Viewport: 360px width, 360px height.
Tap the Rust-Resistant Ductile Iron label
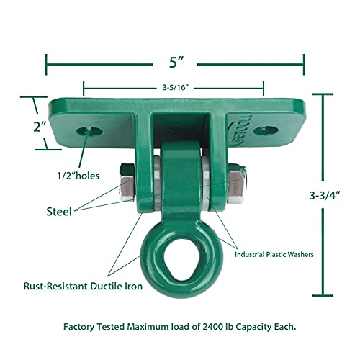(x=80, y=287)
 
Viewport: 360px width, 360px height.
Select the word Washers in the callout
(x=305, y=253)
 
